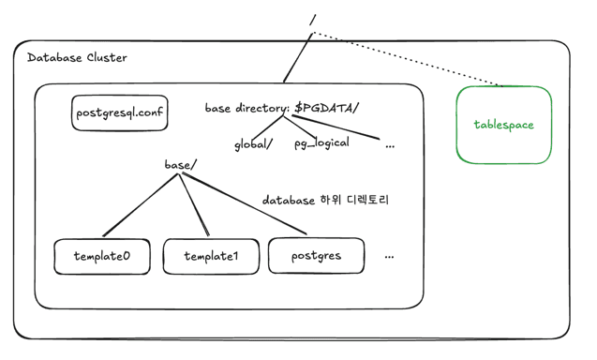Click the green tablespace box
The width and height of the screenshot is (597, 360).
coord(503,125)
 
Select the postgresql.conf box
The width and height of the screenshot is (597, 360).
coord(120,112)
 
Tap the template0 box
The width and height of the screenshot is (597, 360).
coord(101,256)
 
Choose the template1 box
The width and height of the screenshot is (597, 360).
coord(211,256)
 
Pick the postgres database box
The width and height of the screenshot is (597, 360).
coord(316,255)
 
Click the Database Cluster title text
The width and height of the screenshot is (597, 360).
coord(77,58)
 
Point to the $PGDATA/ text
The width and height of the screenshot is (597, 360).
coord(326,108)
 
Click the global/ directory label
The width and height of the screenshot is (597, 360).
coord(253,143)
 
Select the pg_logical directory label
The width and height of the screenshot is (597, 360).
coord(321,142)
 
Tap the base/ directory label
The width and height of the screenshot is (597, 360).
coord(180,165)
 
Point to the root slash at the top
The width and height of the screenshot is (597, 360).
coord(312,20)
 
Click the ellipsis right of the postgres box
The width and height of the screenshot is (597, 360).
coord(389,256)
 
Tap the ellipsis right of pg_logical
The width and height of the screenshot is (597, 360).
coord(390,145)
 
